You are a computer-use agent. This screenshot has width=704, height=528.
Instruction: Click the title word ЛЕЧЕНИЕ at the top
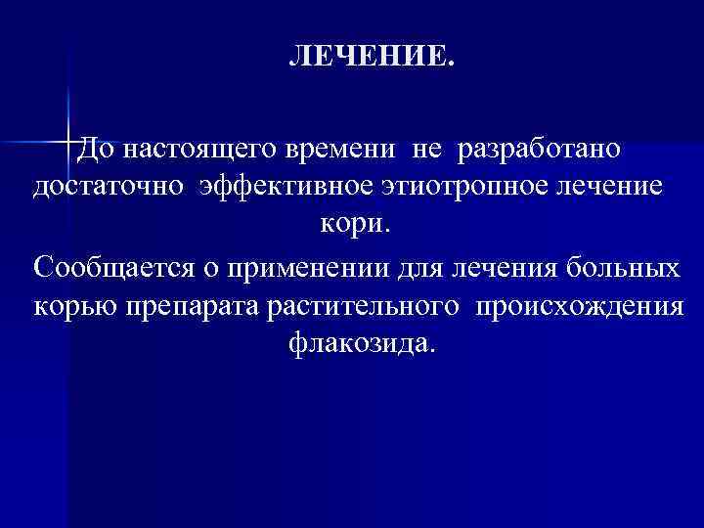[371, 59]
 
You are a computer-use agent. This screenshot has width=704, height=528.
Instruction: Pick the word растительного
[359, 306]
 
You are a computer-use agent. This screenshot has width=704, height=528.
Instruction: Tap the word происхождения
[579, 306]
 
